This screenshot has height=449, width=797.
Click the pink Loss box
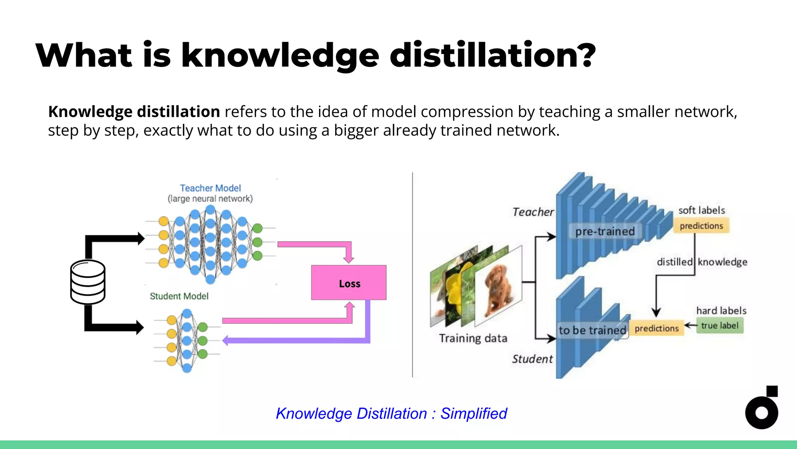click(349, 283)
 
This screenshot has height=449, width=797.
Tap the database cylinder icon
click(88, 282)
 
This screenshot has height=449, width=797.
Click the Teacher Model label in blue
click(210, 188)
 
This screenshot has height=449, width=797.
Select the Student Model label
click(179, 296)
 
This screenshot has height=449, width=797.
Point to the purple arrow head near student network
click(225, 340)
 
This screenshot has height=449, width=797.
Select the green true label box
click(720, 325)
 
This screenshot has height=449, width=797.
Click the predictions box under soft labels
click(701, 226)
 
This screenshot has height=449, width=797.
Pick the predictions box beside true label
click(657, 329)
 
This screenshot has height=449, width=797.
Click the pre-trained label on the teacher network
click(605, 232)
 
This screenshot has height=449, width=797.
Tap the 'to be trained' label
click(592, 331)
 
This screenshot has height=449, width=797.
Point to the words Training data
click(473, 338)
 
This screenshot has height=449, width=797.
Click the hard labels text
click(721, 311)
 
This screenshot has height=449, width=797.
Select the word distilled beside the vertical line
click(674, 262)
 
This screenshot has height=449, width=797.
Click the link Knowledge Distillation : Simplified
click(391, 414)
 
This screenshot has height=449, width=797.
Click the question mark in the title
click(585, 55)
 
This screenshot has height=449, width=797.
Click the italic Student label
click(532, 359)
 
